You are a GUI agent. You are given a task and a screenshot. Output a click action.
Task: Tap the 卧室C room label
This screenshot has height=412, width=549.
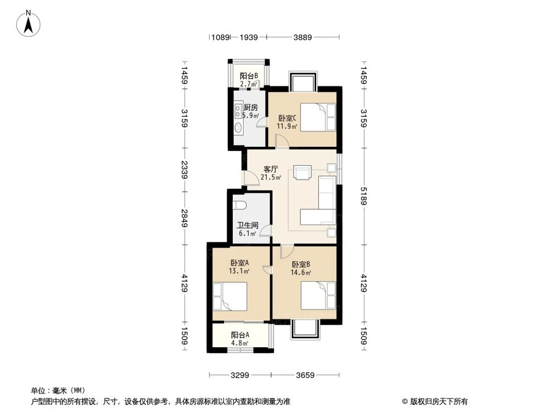(x=287, y=118)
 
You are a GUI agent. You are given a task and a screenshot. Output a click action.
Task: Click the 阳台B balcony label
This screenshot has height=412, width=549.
(x=249, y=76)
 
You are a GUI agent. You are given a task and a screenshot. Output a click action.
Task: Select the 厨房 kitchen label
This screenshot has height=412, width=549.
(x=251, y=108)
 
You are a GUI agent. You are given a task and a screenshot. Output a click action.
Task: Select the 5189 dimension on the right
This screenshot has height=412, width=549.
(x=363, y=195)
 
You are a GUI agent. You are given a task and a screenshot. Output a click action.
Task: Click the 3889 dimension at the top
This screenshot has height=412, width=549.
(x=302, y=38)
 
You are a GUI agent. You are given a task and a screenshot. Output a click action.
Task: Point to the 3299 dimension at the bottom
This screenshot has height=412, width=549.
(x=240, y=376)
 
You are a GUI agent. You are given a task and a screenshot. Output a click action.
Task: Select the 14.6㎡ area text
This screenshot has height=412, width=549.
(x=301, y=272)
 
